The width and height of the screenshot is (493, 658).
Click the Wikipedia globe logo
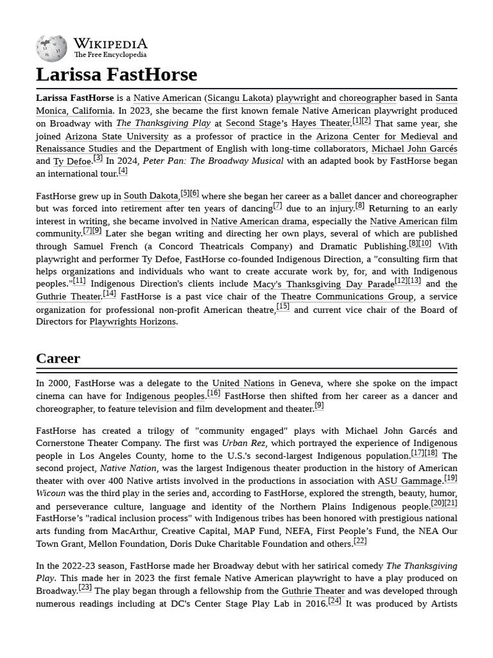(51, 48)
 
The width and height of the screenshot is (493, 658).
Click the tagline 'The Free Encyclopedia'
(110, 55)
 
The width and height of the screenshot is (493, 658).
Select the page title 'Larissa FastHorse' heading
(116, 75)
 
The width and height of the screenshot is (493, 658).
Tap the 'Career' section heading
(58, 359)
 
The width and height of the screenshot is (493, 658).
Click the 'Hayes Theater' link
(320, 123)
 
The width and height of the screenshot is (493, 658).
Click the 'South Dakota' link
(150, 196)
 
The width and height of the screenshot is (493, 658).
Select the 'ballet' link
(340, 196)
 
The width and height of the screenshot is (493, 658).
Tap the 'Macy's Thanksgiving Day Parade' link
(323, 284)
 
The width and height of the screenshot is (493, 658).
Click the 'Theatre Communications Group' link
(347, 297)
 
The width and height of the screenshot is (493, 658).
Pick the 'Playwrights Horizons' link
(132, 322)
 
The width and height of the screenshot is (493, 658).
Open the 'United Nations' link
(243, 384)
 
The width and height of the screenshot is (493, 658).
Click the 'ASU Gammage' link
(410, 481)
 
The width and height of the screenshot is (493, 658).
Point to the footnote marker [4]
(123, 171)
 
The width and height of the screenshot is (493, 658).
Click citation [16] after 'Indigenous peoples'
(213, 393)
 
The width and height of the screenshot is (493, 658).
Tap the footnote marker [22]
(360, 541)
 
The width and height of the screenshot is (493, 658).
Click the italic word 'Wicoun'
(51, 493)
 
